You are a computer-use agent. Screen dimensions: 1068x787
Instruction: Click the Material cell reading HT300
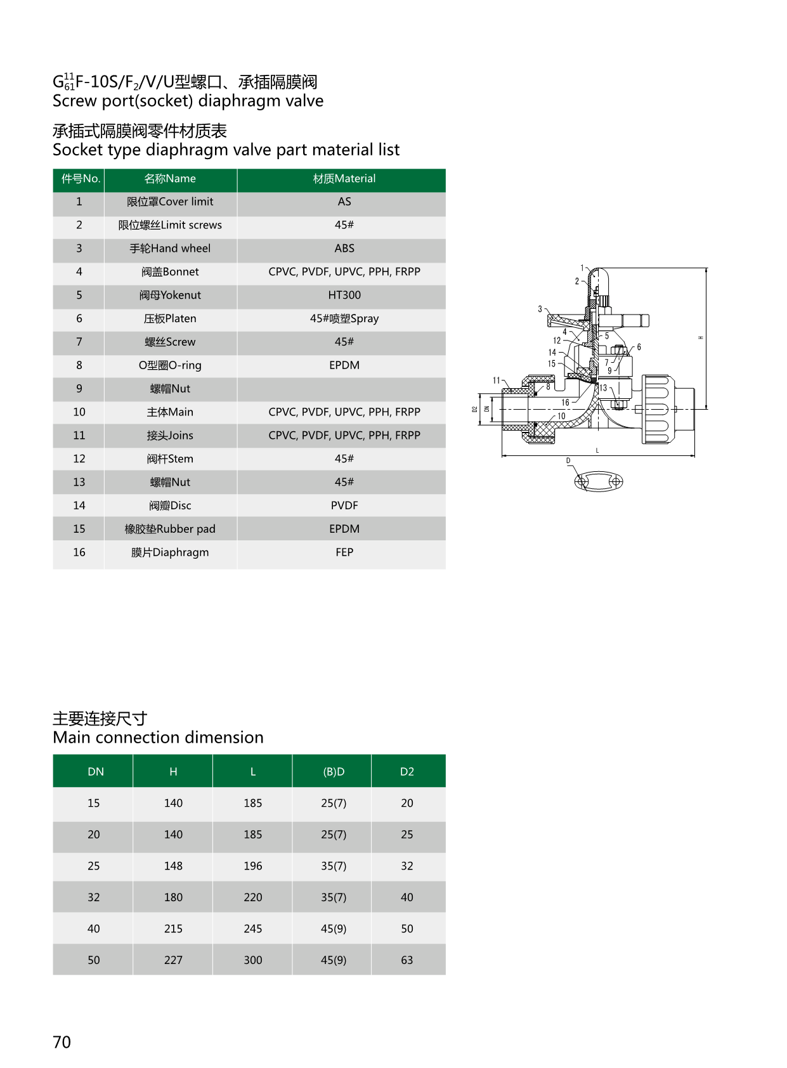point(344,296)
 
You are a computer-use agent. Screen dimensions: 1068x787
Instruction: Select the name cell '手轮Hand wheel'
point(170,249)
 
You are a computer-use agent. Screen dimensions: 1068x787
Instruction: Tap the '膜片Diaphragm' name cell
point(170,552)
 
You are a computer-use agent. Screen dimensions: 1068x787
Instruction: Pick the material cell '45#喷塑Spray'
point(344,318)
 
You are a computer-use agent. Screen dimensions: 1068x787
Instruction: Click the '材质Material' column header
point(344,179)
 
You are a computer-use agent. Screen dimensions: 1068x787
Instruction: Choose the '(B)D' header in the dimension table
point(334,772)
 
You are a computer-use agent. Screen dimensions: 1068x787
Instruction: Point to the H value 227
point(173,960)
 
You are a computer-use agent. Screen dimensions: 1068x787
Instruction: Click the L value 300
point(252,960)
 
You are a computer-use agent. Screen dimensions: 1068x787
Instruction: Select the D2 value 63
point(407,960)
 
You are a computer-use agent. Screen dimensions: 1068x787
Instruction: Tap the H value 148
point(173,866)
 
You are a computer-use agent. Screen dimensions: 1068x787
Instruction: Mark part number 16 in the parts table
point(79,552)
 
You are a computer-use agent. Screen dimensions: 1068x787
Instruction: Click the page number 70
point(62,1042)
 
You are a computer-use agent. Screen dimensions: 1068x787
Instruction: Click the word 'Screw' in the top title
point(74,101)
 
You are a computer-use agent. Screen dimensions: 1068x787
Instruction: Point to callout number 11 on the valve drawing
point(497,381)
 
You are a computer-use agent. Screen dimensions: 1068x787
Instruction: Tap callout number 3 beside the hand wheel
point(540,309)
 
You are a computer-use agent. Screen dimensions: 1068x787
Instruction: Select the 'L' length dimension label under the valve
point(597,450)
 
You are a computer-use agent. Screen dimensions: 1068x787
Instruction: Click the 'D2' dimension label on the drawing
point(474,410)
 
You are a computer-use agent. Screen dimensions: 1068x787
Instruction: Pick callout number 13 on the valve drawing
point(603,388)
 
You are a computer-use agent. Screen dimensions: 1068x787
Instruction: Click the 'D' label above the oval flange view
point(568,461)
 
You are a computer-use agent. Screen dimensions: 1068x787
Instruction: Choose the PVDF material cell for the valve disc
point(344,505)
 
